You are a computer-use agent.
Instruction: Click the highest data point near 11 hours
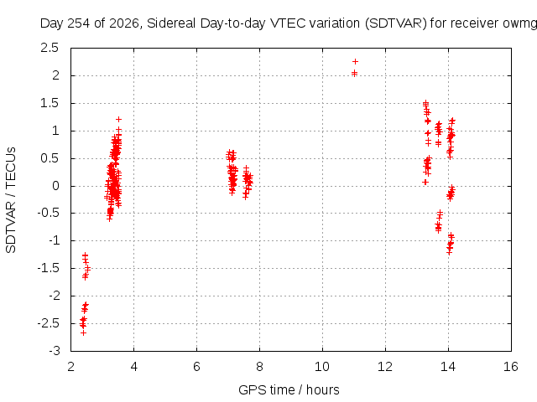[x=355, y=61]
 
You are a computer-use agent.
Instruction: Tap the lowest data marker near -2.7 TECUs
[x=83, y=332]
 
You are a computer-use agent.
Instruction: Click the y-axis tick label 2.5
[x=50, y=48]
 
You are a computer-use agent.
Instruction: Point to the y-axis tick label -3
[x=55, y=351]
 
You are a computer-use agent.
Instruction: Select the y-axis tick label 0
[x=56, y=186]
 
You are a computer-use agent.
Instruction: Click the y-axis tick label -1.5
[x=49, y=268]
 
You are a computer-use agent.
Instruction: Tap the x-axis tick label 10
[x=322, y=367]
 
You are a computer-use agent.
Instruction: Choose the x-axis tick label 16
[x=511, y=367]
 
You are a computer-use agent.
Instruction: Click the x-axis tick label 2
[x=70, y=367]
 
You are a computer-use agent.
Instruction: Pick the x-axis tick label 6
[x=196, y=367]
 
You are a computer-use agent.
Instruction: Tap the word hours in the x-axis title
[x=322, y=390]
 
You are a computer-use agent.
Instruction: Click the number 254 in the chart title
[x=80, y=23]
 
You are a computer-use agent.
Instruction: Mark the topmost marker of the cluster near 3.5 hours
[x=118, y=119]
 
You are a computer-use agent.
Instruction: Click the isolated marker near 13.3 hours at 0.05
[x=425, y=183]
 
